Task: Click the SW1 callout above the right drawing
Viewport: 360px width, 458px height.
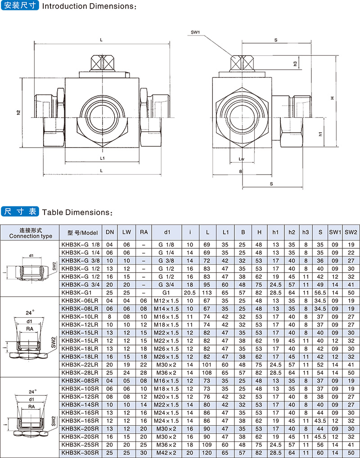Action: [x=195, y=32]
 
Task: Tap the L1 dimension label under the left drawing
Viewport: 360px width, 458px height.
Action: [x=102, y=158]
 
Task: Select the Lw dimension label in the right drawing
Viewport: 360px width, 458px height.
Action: [x=241, y=159]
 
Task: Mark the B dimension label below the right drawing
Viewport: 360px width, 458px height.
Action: [x=241, y=171]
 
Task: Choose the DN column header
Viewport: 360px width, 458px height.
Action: [x=109, y=232]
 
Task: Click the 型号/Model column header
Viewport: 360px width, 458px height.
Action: [x=82, y=233]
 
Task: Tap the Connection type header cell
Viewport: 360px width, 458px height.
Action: [x=30, y=233]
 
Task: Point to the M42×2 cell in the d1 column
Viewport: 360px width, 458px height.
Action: [x=167, y=453]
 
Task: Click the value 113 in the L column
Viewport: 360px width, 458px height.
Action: [x=207, y=292]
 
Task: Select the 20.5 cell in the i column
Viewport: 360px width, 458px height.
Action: [x=190, y=292]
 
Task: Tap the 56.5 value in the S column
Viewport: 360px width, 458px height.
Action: [x=320, y=292]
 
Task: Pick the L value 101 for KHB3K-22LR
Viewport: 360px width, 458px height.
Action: [x=207, y=365]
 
